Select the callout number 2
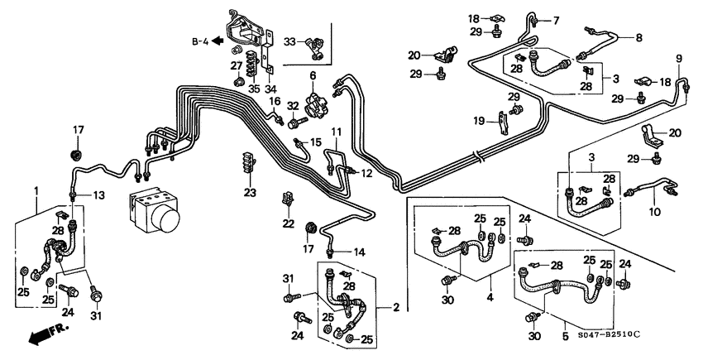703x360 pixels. point(396,308)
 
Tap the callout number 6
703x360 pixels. point(313,76)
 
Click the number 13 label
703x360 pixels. point(98,195)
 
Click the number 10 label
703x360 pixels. point(654,213)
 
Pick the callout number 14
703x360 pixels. point(360,251)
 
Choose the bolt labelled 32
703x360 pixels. point(294,124)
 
